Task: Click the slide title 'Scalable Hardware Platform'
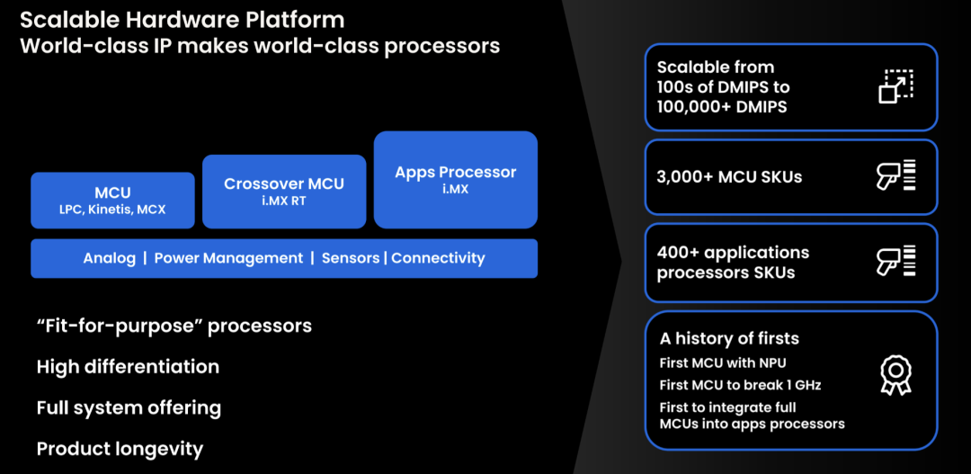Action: [x=183, y=19]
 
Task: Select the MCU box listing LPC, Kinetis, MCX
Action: [x=112, y=201]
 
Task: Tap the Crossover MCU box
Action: [x=284, y=191]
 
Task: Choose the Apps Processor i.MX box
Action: [x=455, y=179]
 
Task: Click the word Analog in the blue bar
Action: [x=109, y=258]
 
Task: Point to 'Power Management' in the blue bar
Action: [x=228, y=258]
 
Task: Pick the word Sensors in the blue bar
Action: [x=350, y=258]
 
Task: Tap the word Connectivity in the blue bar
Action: [x=438, y=258]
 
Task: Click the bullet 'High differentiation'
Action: [x=128, y=367]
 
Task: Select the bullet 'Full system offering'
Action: [x=129, y=408]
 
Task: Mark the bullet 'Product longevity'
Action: [x=120, y=449]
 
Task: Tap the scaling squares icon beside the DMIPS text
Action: [x=895, y=86]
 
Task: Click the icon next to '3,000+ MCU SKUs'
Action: [x=895, y=176]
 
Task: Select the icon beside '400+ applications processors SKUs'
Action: [x=895, y=262]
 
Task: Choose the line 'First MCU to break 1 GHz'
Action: [x=740, y=385]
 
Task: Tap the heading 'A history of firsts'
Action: [x=729, y=339]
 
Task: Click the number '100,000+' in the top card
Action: [x=695, y=107]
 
